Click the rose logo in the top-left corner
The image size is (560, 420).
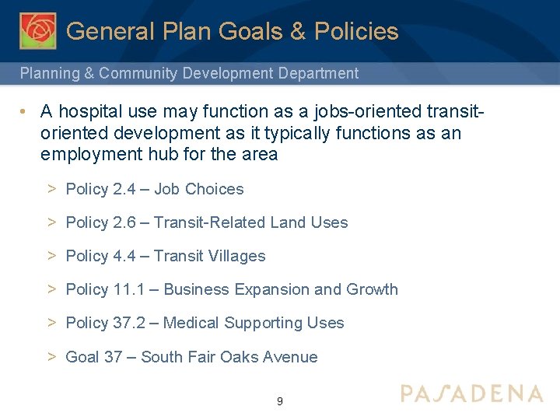38,30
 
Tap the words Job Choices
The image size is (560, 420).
198,189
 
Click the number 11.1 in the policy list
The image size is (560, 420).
128,289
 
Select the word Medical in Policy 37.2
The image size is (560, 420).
191,323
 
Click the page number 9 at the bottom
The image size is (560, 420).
280,401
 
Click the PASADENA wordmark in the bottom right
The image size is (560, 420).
471,393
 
